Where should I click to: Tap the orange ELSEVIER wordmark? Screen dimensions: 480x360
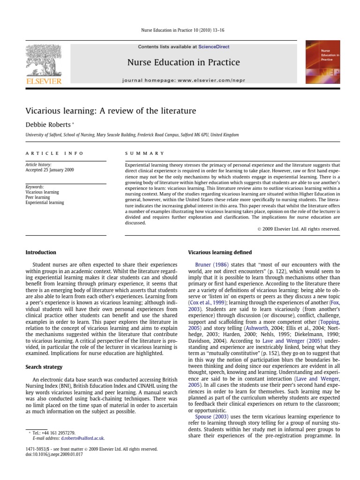(44, 82)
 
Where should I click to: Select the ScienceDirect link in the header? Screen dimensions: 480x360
(214, 47)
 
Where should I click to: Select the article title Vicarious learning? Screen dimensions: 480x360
(111, 111)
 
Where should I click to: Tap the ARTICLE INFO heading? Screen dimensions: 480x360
(54, 153)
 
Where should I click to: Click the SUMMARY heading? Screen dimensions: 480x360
(145, 153)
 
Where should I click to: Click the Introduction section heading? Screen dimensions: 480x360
(41, 252)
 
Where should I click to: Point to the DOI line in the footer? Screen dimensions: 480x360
(53, 454)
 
